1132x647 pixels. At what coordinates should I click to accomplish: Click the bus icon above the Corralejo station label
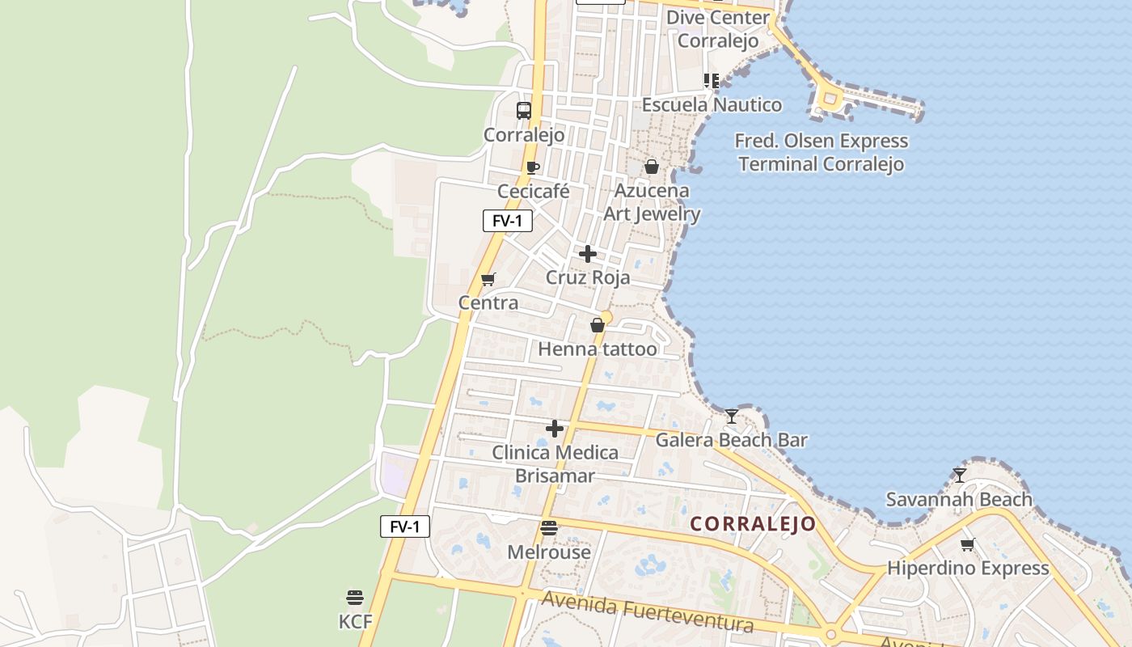(x=524, y=111)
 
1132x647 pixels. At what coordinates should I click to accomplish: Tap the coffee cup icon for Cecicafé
(x=533, y=167)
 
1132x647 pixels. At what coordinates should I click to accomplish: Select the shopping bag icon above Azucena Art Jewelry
(x=652, y=167)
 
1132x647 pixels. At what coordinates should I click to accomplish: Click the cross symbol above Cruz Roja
(x=588, y=254)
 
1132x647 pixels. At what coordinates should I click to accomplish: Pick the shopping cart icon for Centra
(x=488, y=280)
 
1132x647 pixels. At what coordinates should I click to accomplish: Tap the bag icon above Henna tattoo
(x=598, y=325)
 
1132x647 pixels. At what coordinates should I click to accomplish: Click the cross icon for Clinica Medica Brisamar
(x=555, y=429)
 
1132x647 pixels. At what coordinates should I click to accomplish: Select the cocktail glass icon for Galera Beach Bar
(x=732, y=417)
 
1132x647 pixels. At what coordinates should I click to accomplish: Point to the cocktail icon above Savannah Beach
(x=960, y=476)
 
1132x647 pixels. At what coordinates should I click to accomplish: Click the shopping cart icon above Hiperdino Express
(x=968, y=544)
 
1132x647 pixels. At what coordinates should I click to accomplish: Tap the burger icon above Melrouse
(x=549, y=529)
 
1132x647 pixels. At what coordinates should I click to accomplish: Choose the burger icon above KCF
(x=355, y=598)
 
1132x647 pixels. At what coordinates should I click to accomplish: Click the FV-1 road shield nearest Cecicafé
(x=508, y=220)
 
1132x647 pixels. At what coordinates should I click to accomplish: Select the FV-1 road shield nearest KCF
(x=405, y=526)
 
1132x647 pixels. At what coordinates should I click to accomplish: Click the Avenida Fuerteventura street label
(x=648, y=612)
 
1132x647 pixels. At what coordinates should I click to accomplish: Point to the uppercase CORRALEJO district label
(x=754, y=524)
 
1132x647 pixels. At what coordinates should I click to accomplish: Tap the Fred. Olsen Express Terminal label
(x=822, y=152)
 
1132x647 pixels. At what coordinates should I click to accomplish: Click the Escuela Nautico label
(x=712, y=104)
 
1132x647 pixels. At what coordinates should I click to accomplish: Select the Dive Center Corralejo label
(x=718, y=29)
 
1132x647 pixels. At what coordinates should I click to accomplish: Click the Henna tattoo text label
(x=598, y=349)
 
